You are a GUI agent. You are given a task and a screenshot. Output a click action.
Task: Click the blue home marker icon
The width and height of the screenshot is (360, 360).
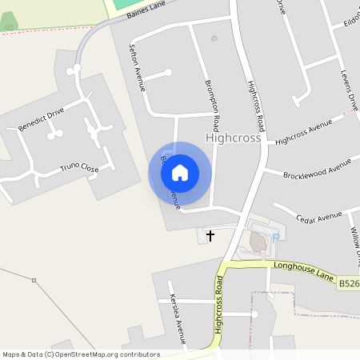pos(180,173)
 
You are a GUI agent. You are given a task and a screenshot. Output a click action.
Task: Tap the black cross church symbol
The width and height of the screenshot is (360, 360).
pos(210,235)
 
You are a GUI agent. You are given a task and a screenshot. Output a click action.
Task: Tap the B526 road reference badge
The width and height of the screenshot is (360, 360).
pos(348,283)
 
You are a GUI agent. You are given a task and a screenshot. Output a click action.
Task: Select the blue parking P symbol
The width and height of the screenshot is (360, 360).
pos(276,238)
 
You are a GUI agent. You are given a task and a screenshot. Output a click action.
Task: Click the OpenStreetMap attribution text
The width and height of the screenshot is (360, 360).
pos(81,354)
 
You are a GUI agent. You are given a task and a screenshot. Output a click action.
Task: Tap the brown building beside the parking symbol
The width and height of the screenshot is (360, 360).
pos(258,241)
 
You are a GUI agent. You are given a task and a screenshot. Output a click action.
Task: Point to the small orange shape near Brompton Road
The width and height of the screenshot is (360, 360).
pos(214,38)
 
